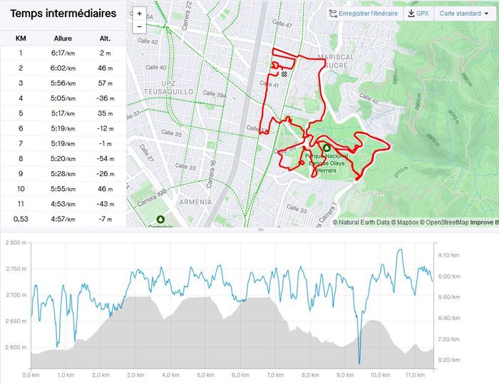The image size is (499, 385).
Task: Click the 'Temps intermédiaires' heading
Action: (63, 14)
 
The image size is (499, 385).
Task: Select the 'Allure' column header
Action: (63, 38)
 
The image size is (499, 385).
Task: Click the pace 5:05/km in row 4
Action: (63, 98)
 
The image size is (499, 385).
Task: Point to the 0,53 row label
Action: (21, 218)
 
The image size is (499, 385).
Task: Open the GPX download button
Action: (418, 14)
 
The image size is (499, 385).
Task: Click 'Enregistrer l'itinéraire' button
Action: (364, 14)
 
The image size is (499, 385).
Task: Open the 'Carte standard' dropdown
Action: (463, 14)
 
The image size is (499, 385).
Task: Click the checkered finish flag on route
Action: (284, 73)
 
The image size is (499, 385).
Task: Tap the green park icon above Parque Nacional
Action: (326, 148)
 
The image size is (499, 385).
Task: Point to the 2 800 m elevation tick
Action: (15, 243)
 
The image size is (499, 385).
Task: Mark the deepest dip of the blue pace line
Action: (360, 362)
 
